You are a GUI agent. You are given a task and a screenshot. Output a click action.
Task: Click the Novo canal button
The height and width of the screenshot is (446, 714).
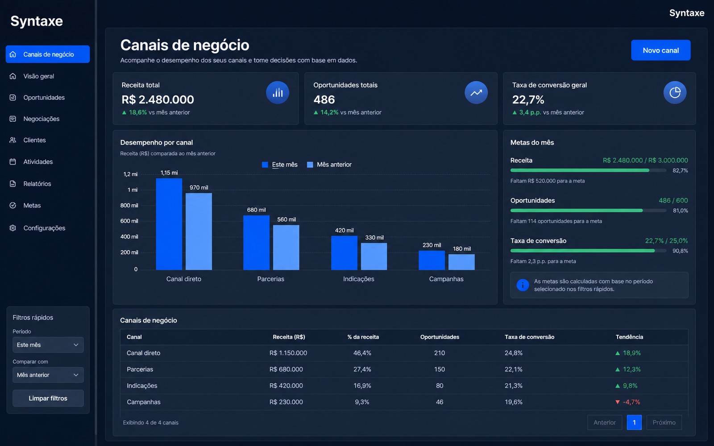click(660, 50)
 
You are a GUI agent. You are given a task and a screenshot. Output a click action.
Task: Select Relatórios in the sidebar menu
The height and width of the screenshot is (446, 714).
click(37, 184)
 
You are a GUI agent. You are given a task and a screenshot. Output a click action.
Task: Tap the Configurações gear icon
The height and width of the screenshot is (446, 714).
click(13, 228)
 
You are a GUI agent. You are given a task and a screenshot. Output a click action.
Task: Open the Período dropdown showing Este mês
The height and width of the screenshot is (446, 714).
click(48, 345)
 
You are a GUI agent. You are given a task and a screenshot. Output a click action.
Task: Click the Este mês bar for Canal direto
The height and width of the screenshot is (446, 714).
click(169, 224)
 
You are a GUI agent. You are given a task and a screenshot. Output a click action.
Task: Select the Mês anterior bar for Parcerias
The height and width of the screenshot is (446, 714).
click(286, 247)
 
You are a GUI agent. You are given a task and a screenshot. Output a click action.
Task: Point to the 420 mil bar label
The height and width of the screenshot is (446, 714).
click(344, 230)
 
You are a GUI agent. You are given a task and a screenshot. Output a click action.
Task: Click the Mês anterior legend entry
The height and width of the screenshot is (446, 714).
click(329, 165)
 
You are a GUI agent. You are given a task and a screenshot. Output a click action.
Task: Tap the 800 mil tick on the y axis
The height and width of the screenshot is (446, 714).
click(129, 206)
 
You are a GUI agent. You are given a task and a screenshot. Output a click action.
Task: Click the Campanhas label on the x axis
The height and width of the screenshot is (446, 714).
click(446, 279)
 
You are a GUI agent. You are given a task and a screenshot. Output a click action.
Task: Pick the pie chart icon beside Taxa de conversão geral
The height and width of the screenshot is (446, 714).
click(675, 93)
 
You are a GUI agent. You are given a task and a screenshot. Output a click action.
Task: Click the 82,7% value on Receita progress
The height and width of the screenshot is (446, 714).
click(680, 170)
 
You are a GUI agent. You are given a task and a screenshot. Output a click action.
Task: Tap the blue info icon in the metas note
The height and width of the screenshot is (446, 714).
click(523, 285)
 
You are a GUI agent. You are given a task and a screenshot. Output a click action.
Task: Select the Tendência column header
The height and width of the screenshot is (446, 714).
click(629, 337)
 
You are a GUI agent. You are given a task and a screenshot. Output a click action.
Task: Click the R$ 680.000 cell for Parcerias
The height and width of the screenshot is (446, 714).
click(286, 369)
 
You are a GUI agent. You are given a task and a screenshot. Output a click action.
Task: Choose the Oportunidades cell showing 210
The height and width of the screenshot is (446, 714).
click(440, 353)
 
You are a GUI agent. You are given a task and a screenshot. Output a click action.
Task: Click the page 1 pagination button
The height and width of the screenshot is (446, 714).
click(634, 422)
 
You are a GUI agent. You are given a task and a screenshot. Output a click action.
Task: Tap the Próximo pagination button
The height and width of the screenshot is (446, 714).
click(664, 422)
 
